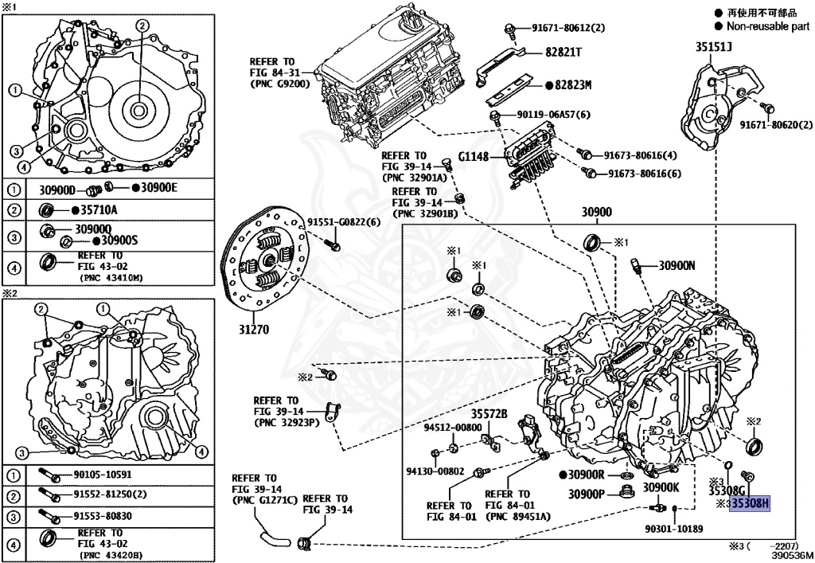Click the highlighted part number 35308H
751,504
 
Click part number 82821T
563,52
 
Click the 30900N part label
677,266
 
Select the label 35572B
489,413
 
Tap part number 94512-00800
452,427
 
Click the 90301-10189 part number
675,528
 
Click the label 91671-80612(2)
568,28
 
